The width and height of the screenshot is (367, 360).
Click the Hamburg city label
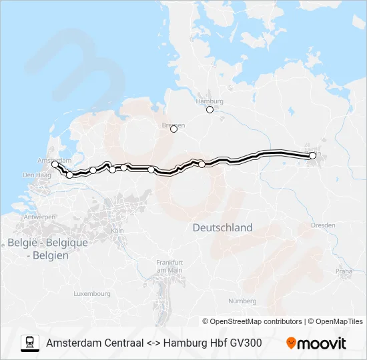209,101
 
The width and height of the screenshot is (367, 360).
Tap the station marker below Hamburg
210,110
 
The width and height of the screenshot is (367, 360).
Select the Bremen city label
173,125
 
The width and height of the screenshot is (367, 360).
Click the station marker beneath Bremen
173,130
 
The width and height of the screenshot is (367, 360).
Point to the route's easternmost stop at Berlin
312,155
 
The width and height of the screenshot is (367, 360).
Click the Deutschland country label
222,227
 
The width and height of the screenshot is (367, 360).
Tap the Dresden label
323,225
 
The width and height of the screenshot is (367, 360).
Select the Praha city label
344,271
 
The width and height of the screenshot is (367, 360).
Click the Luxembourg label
92,293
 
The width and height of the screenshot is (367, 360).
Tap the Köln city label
118,230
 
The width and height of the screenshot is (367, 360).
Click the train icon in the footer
30,343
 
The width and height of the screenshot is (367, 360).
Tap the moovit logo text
322,343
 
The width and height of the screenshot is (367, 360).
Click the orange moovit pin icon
291,343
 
